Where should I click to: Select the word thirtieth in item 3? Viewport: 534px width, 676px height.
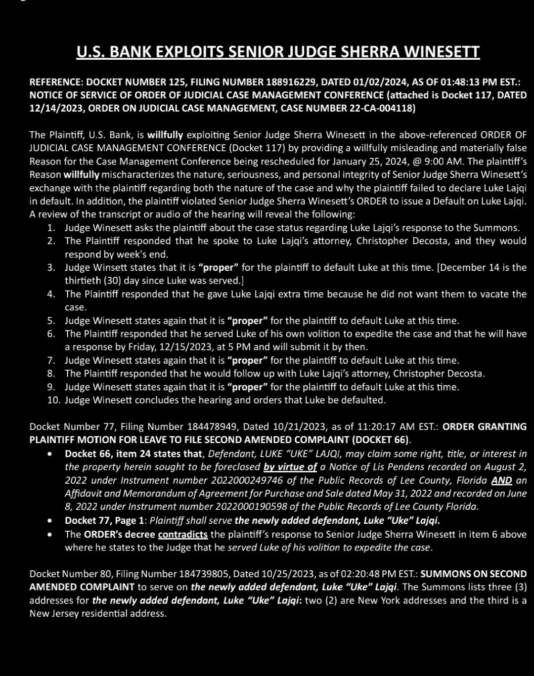tap(86, 281)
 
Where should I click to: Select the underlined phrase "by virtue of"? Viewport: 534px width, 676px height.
tap(290, 466)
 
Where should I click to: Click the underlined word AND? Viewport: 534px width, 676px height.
tap(501, 480)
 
